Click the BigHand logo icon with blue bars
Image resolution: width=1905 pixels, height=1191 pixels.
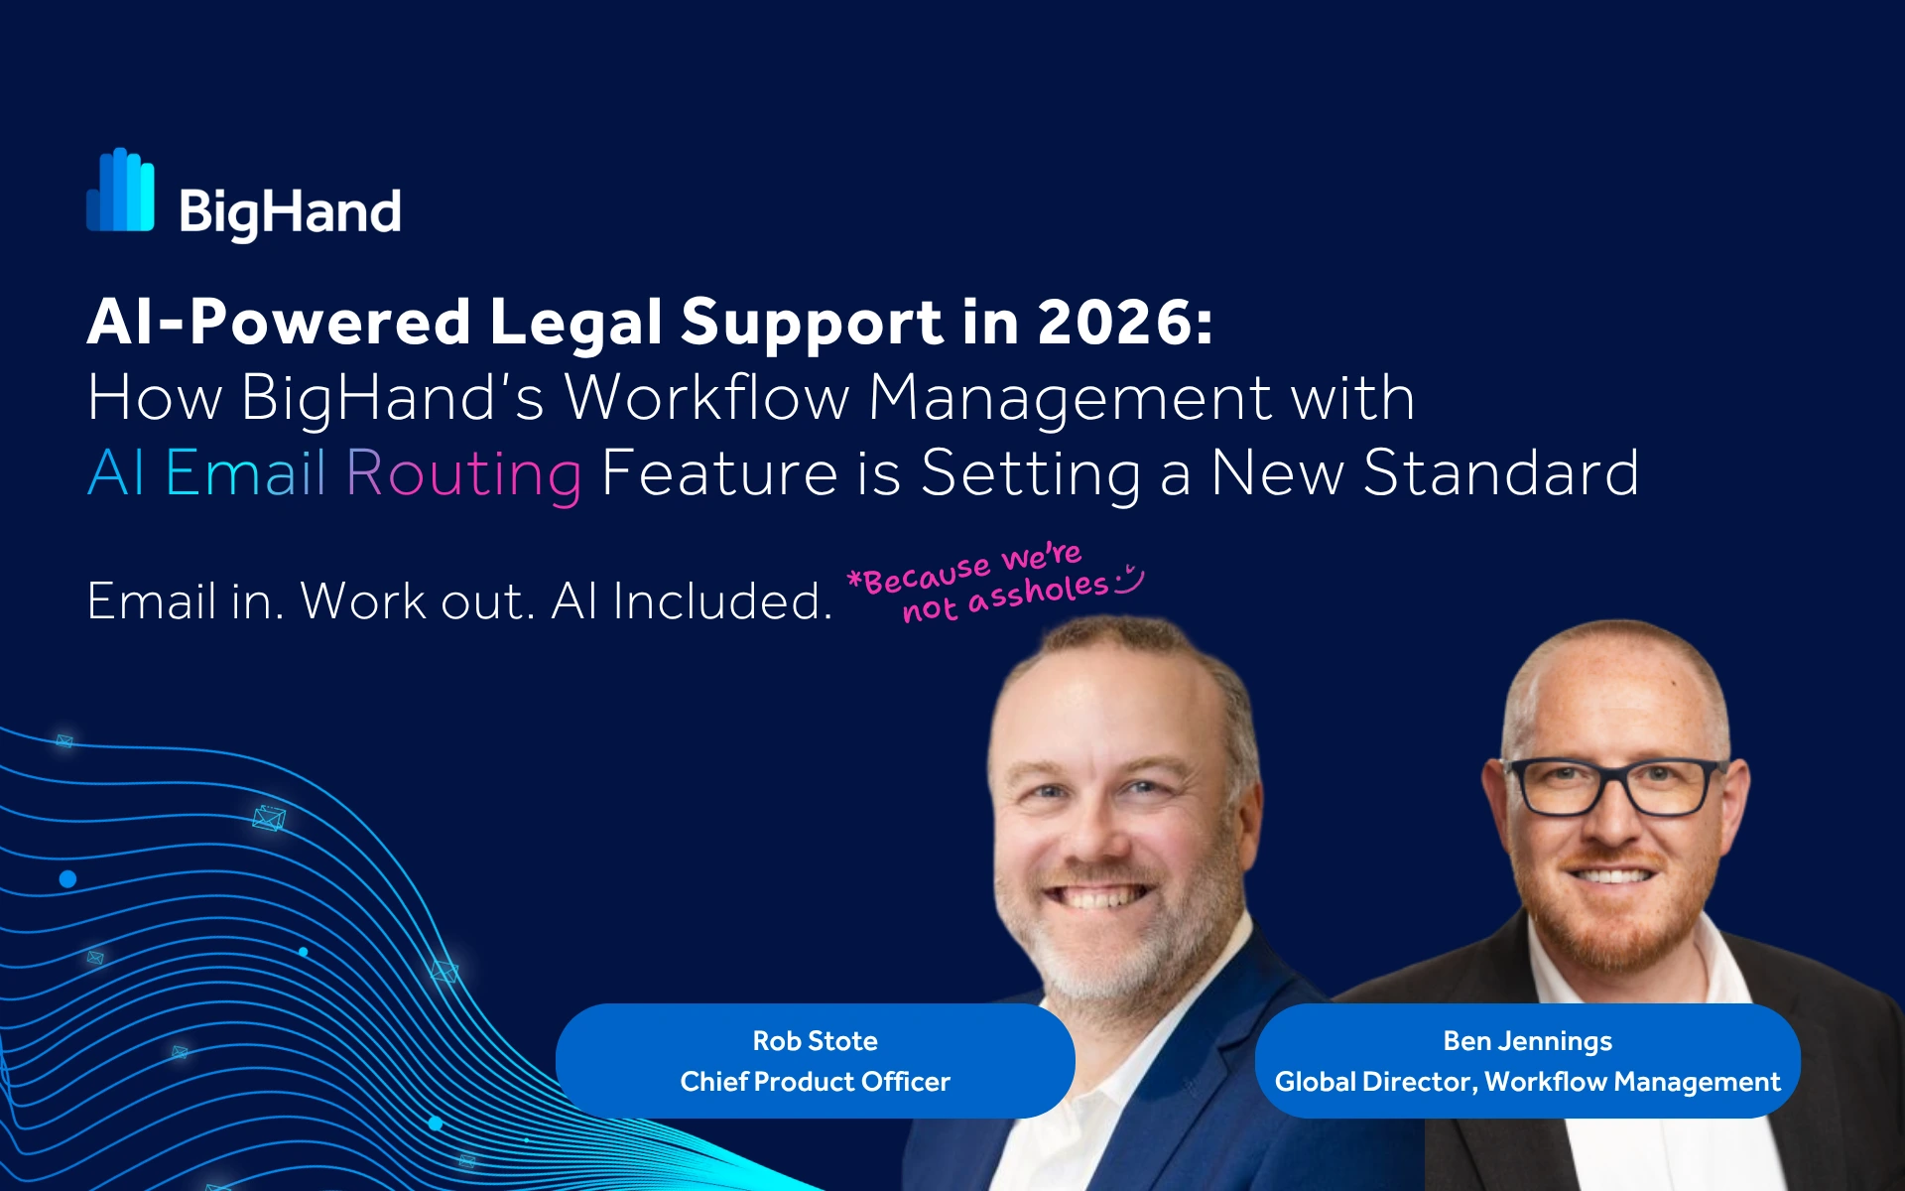120,190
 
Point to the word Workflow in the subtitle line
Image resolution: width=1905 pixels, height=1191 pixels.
707,398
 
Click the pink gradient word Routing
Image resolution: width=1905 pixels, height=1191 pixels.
463,475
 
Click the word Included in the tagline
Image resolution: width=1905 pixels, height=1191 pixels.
722,601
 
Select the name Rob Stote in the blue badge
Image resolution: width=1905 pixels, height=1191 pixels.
815,1041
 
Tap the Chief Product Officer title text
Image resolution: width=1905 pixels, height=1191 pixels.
815,1082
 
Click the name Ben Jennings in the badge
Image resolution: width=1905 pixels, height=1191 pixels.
1527,1042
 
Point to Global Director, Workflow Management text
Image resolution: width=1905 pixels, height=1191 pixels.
1527,1082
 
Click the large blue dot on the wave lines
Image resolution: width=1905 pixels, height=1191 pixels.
67,879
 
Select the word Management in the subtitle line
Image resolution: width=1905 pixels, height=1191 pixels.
1070,399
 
